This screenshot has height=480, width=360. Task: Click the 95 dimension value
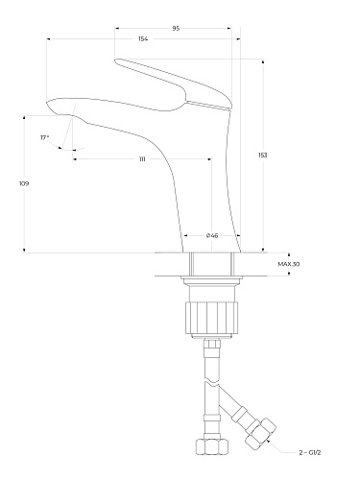pyautogui.click(x=176, y=28)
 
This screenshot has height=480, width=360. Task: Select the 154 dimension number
pyautogui.click(x=143, y=39)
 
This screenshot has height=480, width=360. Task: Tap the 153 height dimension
pyautogui.click(x=263, y=155)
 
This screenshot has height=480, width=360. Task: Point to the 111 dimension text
pyautogui.click(x=142, y=159)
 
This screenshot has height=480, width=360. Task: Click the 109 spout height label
pyautogui.click(x=24, y=183)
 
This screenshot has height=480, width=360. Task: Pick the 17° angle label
pyautogui.click(x=44, y=137)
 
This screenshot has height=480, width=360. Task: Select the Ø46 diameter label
pyautogui.click(x=212, y=235)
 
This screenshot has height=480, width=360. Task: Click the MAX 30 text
pyautogui.click(x=289, y=264)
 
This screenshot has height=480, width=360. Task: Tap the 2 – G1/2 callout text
pyautogui.click(x=310, y=452)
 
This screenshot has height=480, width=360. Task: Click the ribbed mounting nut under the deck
pyautogui.click(x=212, y=317)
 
